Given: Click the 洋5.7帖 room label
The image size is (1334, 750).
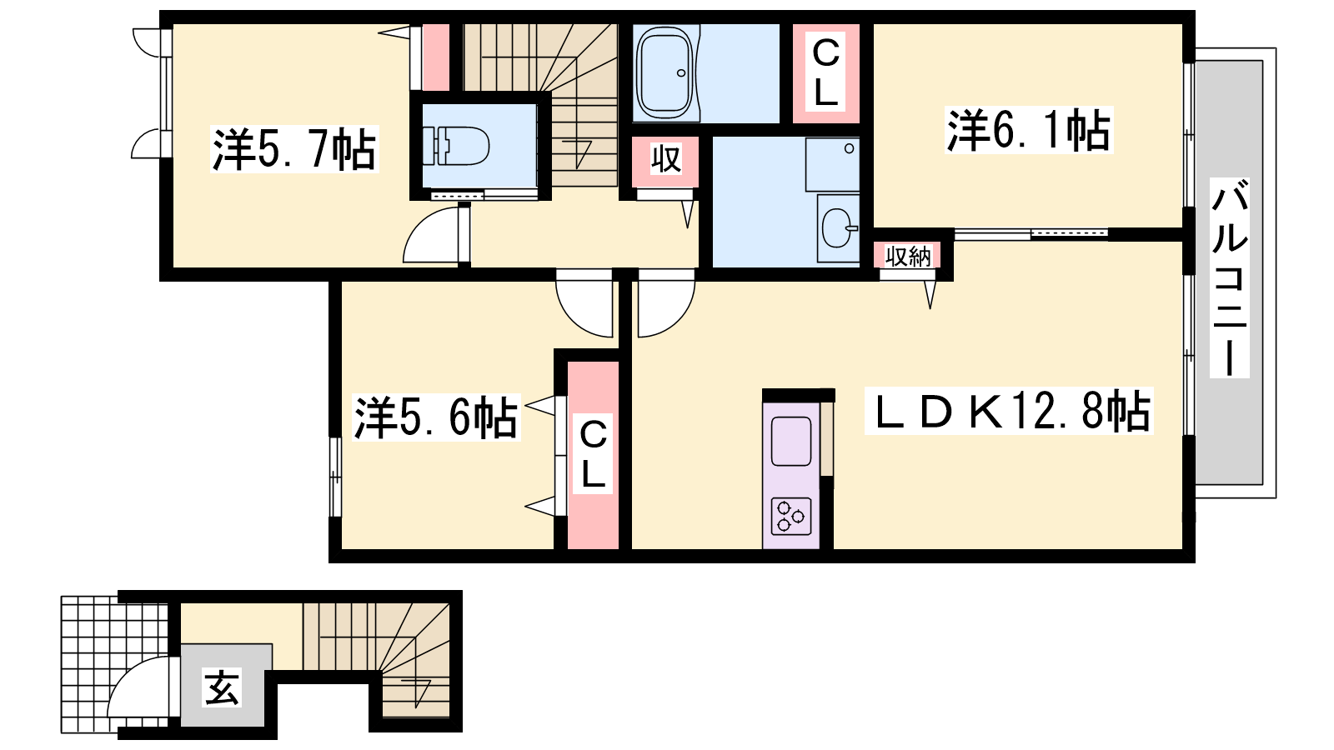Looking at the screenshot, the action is click(x=294, y=149).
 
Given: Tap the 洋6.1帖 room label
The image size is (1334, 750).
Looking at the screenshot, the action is click(x=1029, y=130).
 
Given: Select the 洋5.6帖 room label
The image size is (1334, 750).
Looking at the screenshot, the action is click(x=436, y=417).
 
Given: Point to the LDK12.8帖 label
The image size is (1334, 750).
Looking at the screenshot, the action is click(x=1009, y=411).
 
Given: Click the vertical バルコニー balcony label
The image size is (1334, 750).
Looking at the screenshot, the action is click(x=1229, y=278).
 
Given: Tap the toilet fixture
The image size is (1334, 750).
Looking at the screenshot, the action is click(x=455, y=145).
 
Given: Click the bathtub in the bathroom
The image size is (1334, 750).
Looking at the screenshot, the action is click(x=665, y=72).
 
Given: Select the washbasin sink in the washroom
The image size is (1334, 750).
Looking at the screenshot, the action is click(x=839, y=228).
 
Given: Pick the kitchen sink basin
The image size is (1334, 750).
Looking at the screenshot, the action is click(x=791, y=441).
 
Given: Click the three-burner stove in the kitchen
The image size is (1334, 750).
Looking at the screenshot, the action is click(x=791, y=516).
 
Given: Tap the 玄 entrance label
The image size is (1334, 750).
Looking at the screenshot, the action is click(x=222, y=687).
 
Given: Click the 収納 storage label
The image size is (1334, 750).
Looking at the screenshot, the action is click(x=908, y=256).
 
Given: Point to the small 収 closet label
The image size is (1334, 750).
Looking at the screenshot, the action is click(x=665, y=159).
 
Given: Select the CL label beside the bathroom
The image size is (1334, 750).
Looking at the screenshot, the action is click(x=825, y=72).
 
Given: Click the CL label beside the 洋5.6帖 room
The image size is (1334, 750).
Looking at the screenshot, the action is click(x=593, y=454).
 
